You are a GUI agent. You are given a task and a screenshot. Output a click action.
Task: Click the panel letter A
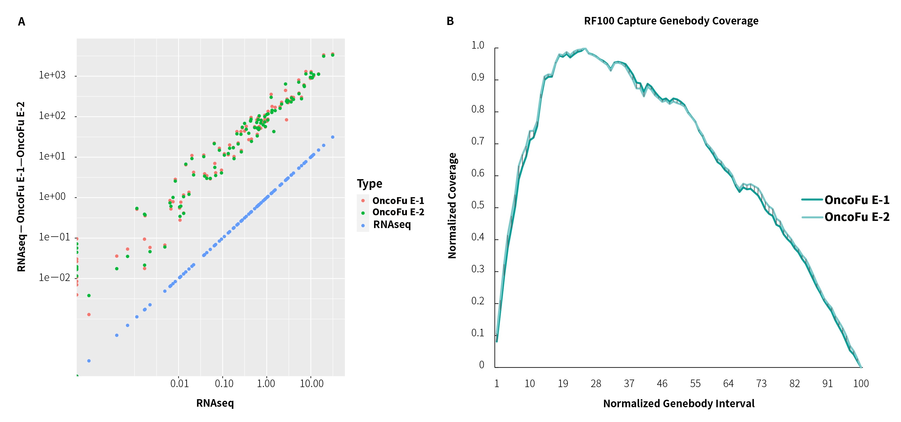point(21,22)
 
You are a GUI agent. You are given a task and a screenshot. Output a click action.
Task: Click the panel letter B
point(450,21)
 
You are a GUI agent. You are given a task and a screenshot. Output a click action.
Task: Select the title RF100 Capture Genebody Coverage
point(671,21)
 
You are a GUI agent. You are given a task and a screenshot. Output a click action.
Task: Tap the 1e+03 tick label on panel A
point(52,75)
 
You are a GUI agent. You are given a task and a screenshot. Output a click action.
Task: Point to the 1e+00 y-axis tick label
point(52,196)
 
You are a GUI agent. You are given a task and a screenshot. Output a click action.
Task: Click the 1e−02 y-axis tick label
point(54,278)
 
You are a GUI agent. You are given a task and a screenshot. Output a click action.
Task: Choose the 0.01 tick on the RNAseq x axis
point(179,384)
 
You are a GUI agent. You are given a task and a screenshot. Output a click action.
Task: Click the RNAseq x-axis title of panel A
point(215,403)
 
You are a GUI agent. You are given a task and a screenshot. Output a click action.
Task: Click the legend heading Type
point(369,183)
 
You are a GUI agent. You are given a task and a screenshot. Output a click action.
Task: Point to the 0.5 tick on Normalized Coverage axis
point(477,205)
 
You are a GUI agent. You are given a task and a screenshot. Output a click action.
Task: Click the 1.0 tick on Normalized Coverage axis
point(477,45)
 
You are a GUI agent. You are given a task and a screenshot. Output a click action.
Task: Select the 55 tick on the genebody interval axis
point(695,384)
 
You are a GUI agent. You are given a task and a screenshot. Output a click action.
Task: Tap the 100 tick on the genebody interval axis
point(861,384)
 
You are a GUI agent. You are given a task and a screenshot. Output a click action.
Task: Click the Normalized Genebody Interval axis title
point(679,403)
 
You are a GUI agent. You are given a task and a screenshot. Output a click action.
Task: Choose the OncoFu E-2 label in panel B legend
point(856,217)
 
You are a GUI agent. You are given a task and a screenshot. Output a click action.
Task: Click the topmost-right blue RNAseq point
point(333,137)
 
